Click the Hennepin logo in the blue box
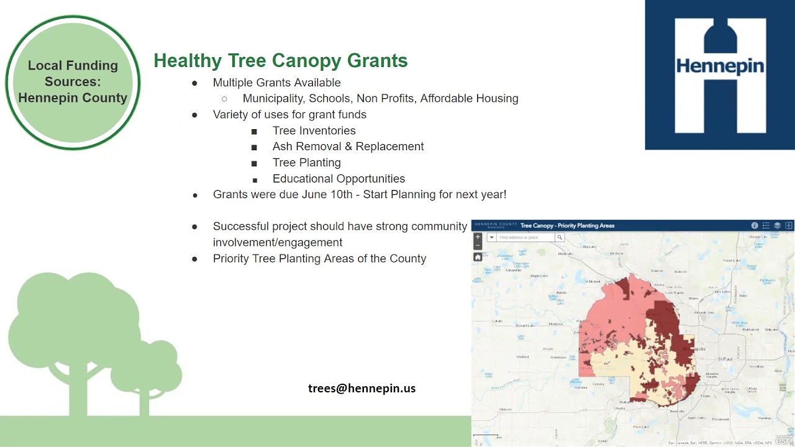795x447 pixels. [x=720, y=75]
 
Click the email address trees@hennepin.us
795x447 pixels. [x=361, y=389]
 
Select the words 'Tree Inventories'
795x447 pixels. [x=314, y=131]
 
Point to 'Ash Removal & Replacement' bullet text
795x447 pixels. [x=348, y=147]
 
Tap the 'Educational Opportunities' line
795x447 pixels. [x=338, y=179]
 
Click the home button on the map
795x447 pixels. [x=478, y=257]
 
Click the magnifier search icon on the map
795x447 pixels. [x=560, y=237]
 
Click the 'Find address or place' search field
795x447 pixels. [x=525, y=237]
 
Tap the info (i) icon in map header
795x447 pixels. [x=755, y=225]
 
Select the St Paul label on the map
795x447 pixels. [x=725, y=359]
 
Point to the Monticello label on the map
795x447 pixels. [x=565, y=254]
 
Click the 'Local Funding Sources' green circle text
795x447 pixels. [x=73, y=82]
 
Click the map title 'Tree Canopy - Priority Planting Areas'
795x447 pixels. [x=567, y=225]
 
